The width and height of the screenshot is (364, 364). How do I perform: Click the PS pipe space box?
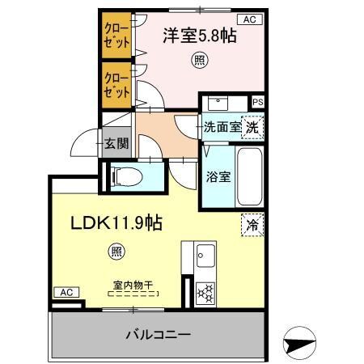point(257,102)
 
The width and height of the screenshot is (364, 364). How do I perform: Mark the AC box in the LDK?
point(66,292)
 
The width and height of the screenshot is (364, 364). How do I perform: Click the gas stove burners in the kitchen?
point(205,291)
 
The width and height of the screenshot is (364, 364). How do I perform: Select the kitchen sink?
point(205,257)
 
